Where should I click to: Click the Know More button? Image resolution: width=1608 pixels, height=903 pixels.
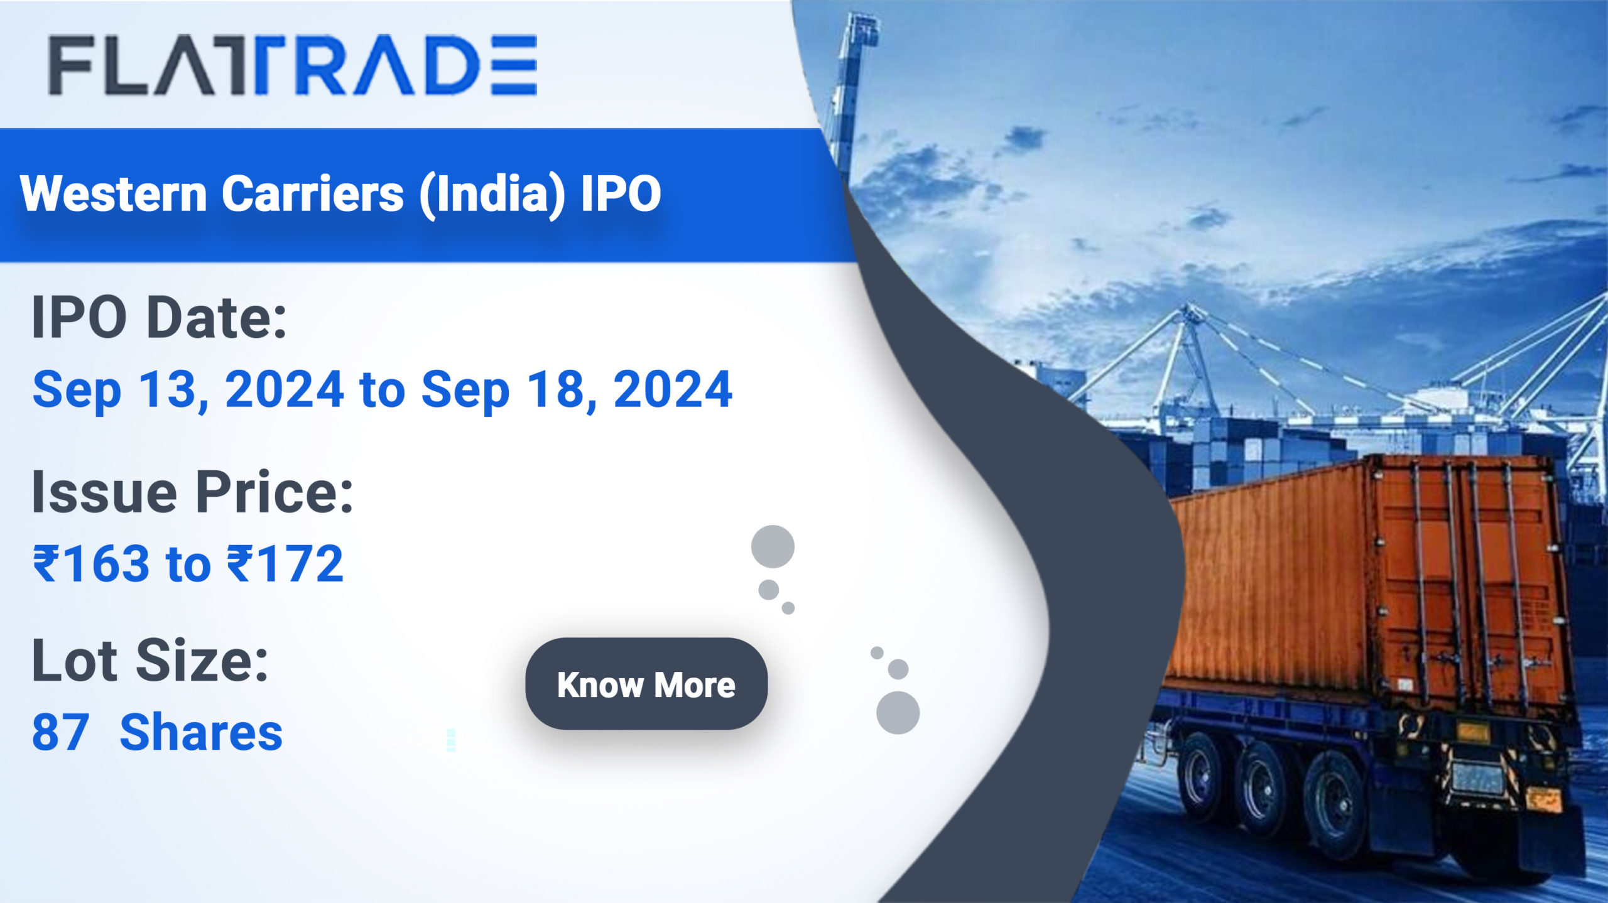646,684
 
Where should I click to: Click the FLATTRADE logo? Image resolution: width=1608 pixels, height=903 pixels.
293,65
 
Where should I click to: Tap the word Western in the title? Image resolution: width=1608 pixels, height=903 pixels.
114,193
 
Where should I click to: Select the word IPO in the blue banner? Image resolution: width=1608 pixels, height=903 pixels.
621,193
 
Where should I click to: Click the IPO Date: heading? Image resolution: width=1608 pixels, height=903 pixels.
159,317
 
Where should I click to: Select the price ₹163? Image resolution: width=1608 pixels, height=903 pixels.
92,563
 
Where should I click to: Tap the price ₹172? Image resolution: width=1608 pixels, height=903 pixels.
285,563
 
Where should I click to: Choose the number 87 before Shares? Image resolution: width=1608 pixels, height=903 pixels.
60,733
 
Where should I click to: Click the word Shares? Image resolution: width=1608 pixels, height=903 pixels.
201,733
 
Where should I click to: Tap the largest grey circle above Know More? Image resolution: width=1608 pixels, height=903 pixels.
773,546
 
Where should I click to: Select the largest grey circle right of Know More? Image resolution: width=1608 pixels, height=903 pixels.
898,713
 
